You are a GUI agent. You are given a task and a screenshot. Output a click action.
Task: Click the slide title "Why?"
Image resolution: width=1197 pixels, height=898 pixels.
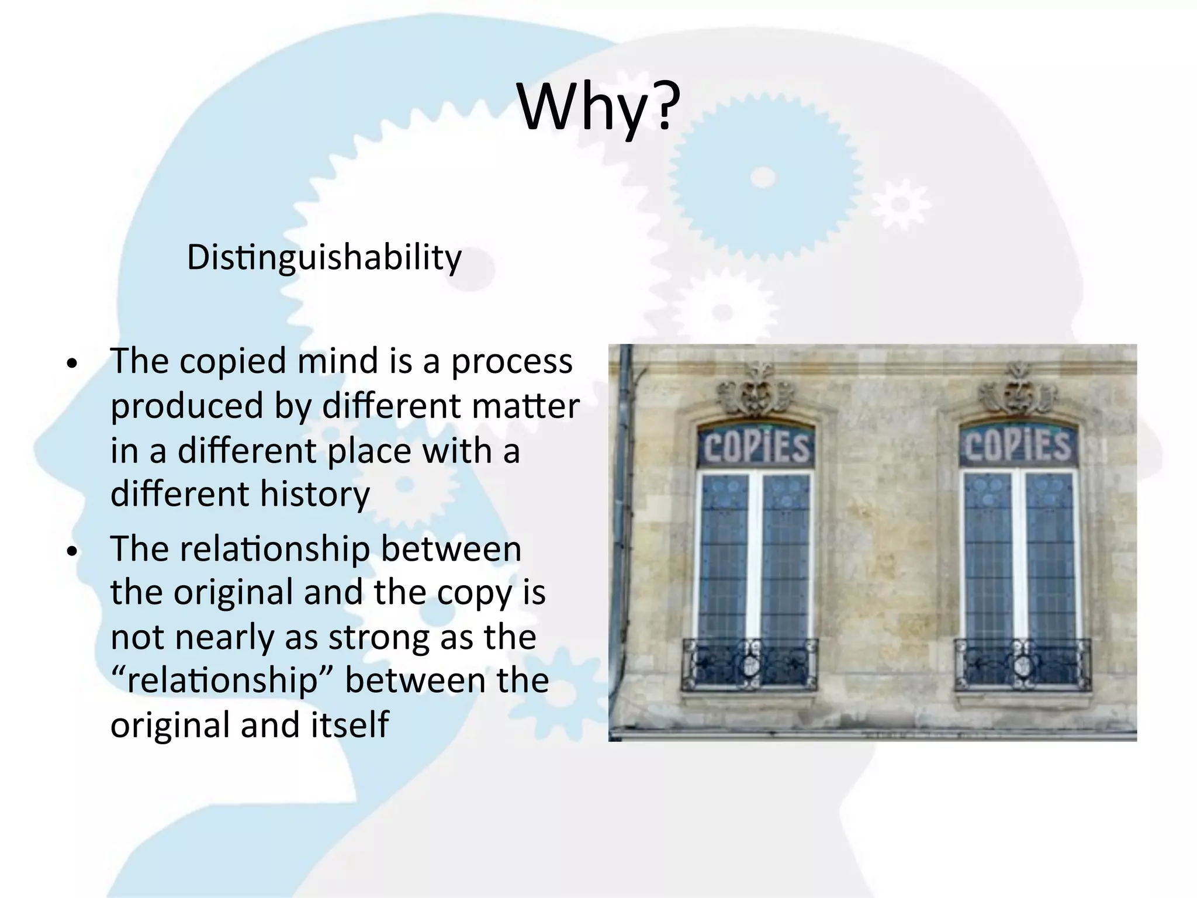click(598, 109)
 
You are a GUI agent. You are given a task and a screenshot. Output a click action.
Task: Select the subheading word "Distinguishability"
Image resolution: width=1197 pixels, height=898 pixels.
click(324, 257)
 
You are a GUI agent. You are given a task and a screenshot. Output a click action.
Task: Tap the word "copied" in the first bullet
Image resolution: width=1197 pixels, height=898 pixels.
click(233, 361)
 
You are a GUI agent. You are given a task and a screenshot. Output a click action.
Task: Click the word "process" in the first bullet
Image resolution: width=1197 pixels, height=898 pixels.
click(511, 362)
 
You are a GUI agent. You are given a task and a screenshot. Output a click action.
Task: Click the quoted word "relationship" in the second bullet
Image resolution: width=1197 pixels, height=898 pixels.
click(222, 681)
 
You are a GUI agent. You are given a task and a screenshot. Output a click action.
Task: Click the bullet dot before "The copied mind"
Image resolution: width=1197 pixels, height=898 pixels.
click(71, 364)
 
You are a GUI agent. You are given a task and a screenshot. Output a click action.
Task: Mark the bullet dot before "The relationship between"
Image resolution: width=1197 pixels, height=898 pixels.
click(71, 552)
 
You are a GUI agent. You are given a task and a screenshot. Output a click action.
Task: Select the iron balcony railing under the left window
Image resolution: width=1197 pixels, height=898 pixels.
click(750, 664)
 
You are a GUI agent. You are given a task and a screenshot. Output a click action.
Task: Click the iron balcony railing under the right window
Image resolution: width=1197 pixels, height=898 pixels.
click(1022, 664)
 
